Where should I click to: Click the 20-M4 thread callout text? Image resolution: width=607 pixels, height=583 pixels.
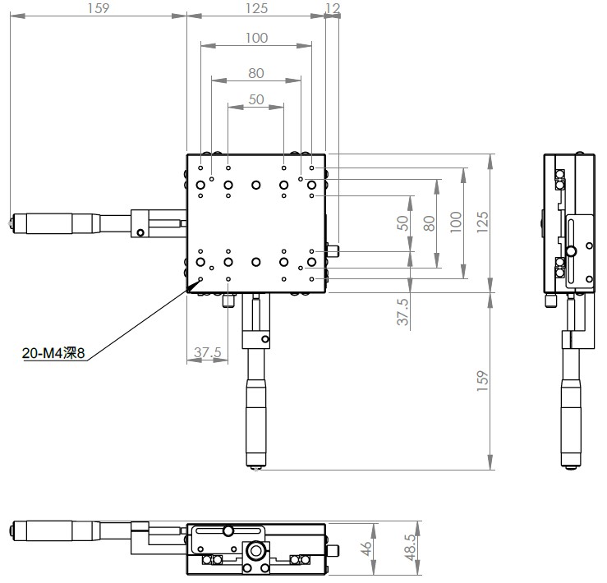point(53,353)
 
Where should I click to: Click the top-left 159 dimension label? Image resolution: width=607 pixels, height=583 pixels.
point(99,8)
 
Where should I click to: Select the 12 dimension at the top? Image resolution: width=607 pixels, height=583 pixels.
point(333,8)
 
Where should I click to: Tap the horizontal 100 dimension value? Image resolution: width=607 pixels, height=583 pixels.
point(256,38)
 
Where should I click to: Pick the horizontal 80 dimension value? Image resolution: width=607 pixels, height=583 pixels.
point(256,73)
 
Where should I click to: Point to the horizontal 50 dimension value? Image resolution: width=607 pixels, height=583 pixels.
point(256,99)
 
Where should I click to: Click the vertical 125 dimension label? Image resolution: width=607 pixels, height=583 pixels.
point(482,223)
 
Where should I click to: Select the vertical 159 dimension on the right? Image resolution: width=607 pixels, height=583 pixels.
point(482,381)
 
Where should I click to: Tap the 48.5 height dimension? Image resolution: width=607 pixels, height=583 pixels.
point(411,547)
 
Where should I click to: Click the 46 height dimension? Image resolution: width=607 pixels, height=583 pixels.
point(366,549)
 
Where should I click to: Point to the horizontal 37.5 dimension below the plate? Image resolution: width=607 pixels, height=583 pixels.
point(208,352)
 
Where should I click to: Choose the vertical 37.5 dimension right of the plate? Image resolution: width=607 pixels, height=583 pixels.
point(402,312)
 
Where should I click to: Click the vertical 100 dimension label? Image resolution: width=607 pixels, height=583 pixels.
point(456,223)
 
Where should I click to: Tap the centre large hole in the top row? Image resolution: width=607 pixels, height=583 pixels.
point(255,185)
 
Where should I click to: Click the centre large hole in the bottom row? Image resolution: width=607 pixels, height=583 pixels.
point(255,262)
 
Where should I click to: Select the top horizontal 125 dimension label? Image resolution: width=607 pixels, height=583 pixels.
point(256,8)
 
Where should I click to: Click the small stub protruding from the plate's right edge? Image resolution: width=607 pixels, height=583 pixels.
point(333,250)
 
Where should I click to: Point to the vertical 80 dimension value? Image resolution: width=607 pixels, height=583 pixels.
point(429,223)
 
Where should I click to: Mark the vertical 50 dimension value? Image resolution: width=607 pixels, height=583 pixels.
point(402,223)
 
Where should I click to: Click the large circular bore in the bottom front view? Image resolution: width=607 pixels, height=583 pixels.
point(255,550)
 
